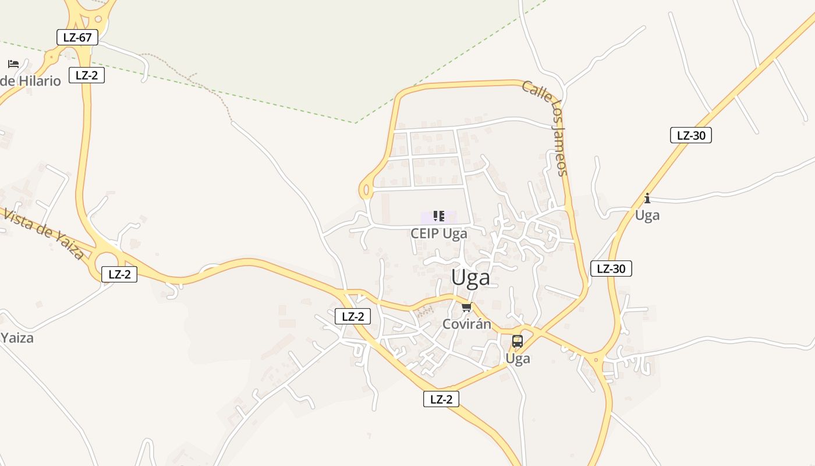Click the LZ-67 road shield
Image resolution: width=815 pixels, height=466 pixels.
[x=77, y=38]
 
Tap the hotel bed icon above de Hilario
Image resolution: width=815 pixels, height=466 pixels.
[x=13, y=63]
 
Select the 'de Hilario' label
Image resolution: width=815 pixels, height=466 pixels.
[x=30, y=81]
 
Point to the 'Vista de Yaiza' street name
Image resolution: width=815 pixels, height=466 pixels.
[x=44, y=233]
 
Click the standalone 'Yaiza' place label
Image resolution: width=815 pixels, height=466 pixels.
[x=17, y=338]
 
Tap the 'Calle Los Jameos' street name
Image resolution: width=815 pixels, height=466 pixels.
[x=545, y=128]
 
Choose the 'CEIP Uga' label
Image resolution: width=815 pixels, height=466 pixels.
[x=439, y=234]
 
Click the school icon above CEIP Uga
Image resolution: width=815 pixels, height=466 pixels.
[x=439, y=217]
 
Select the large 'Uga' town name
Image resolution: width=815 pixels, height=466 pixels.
[x=470, y=278]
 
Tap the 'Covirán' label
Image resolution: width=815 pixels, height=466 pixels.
[x=467, y=324]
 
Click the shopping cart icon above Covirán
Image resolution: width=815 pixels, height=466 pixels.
[x=466, y=308]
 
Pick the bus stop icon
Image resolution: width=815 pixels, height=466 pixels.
[x=517, y=341]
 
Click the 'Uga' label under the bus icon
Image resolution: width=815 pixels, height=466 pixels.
[x=518, y=358]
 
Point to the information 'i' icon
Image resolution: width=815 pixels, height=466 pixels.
[x=647, y=199]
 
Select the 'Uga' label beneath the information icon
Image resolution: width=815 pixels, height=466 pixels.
[x=647, y=216]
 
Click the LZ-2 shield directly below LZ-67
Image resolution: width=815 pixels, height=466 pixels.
[x=87, y=75]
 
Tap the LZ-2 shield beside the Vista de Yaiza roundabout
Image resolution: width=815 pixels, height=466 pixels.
[x=119, y=274]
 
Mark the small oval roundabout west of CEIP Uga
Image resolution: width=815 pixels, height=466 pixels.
[x=366, y=190]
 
